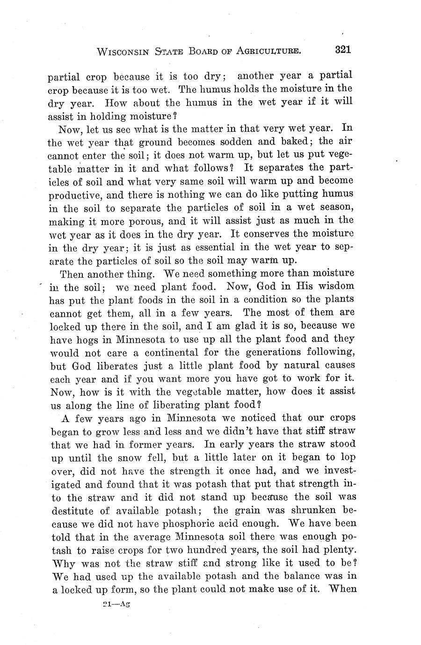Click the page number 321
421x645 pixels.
click(342, 50)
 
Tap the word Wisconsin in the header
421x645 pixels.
click(123, 51)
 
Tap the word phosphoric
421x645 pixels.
click(187, 523)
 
